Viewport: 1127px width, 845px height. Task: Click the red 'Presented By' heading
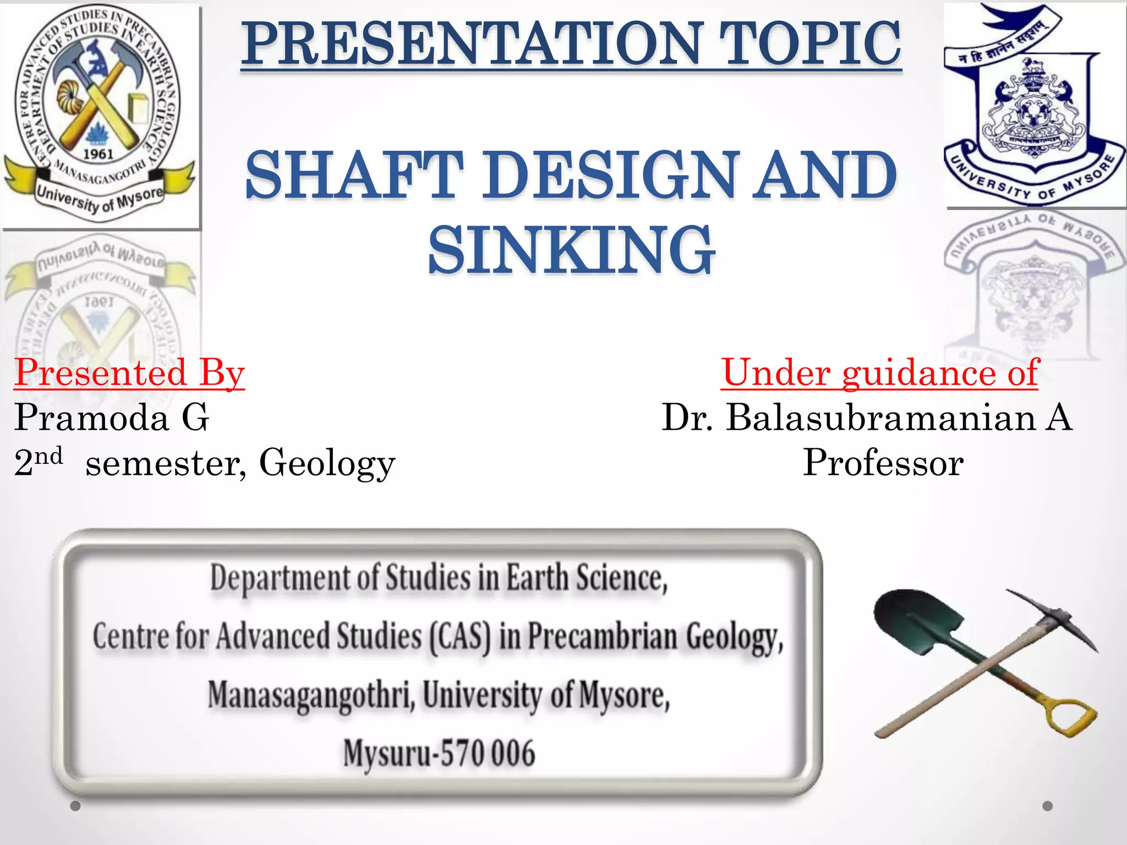point(129,372)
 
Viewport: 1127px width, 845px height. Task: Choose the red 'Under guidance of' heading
point(879,372)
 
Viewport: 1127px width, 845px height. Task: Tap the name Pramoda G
point(112,417)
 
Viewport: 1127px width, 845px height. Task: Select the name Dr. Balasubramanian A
point(867,417)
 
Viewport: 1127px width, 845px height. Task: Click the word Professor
point(883,462)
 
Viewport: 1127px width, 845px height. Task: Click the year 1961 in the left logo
point(98,154)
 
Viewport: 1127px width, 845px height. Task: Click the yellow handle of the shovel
point(1070,715)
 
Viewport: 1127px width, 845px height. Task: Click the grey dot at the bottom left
point(76,806)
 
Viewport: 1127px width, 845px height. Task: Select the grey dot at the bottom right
point(1048,806)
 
